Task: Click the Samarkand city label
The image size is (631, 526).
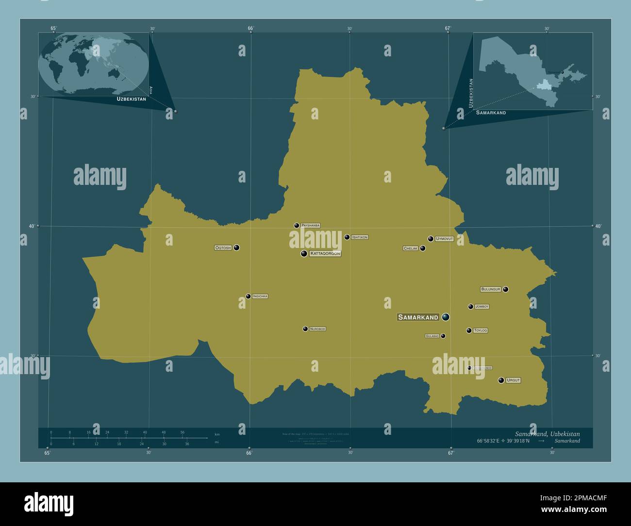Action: click(418, 317)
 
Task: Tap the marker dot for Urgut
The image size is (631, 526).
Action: click(501, 380)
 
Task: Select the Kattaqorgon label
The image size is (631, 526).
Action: click(325, 254)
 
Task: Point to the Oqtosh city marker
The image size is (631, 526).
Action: click(236, 247)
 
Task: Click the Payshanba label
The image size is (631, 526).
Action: click(310, 226)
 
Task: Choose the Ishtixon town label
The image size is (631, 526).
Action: click(360, 237)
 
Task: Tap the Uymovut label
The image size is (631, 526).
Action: click(444, 239)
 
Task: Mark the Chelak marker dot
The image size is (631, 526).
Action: click(423, 248)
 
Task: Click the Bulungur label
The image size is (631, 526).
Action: click(490, 289)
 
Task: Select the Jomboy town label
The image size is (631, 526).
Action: click(482, 307)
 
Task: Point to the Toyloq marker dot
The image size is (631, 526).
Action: click(469, 330)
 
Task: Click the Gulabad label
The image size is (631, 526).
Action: click(432, 336)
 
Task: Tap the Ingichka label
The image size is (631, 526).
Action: click(260, 296)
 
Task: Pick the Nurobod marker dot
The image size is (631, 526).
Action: click(305, 329)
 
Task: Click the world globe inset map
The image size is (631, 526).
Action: click(93, 64)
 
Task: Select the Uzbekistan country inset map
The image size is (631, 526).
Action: click(532, 71)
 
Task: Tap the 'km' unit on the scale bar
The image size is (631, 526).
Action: click(217, 434)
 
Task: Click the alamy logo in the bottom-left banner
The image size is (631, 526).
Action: click(49, 504)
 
